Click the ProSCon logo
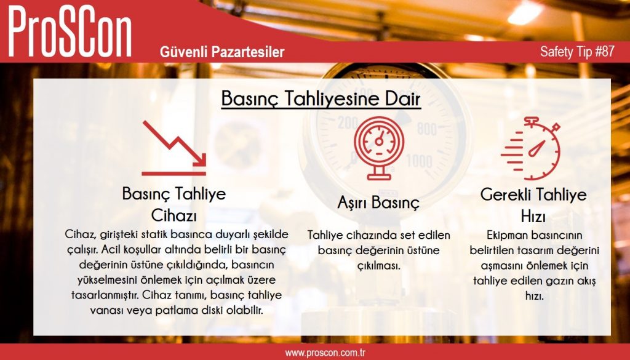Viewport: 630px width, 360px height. (70, 32)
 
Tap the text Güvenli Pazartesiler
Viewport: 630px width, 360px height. (221, 52)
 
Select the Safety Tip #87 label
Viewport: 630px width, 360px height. (577, 52)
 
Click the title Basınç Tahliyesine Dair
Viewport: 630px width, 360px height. (321, 98)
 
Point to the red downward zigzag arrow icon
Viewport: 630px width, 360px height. (174, 148)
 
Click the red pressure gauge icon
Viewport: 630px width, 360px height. (378, 148)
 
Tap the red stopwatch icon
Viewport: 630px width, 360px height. (531, 148)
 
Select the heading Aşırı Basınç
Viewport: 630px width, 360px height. (378, 202)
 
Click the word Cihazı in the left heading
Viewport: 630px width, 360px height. (174, 216)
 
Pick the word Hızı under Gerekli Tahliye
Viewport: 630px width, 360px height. (533, 217)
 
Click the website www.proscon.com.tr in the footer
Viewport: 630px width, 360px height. (325, 353)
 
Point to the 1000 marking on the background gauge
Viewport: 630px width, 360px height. (418, 161)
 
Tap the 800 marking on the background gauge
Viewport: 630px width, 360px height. (427, 129)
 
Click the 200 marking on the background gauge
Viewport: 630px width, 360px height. (348, 122)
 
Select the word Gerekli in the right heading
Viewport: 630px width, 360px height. (506, 194)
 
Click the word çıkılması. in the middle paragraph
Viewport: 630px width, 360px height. (378, 266)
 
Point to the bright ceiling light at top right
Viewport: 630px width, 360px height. (525, 13)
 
